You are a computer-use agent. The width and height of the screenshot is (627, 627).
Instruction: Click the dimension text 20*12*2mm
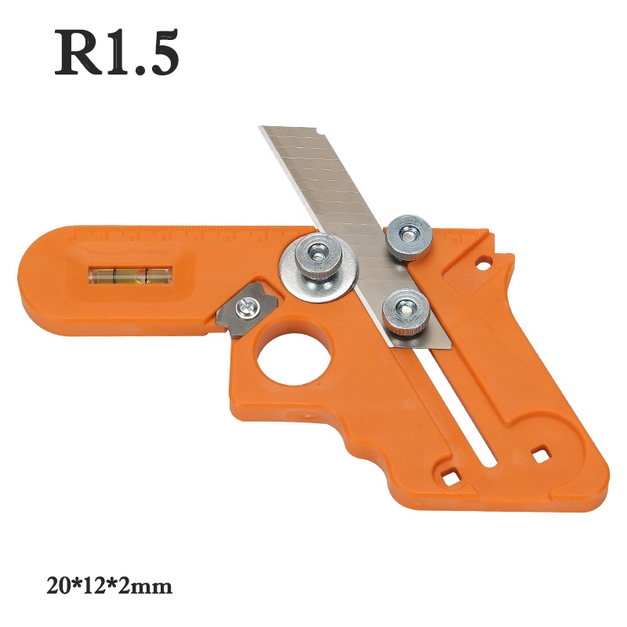[109, 586]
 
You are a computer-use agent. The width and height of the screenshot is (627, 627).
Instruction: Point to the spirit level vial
[130, 275]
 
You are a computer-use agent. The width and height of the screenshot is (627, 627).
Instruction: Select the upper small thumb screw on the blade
[408, 237]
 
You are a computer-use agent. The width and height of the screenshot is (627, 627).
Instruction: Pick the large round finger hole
[295, 353]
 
